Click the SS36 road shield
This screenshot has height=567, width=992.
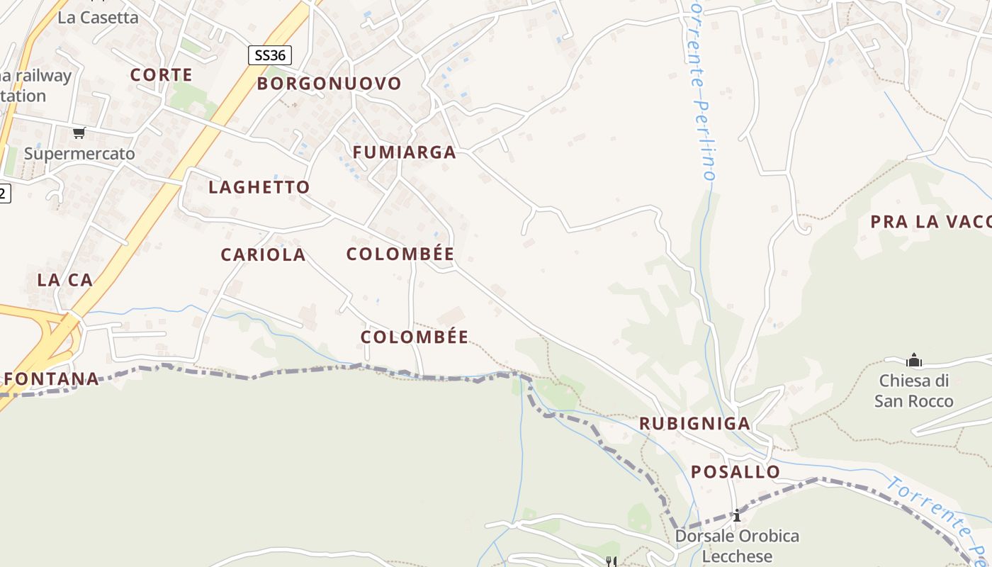(269, 55)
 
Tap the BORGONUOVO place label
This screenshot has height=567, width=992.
(329, 84)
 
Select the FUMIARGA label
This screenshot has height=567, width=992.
(404, 152)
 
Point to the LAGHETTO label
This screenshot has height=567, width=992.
(259, 187)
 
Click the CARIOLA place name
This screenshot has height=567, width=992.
(263, 254)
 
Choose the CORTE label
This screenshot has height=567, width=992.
(161, 74)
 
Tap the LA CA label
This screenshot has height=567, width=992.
(64, 280)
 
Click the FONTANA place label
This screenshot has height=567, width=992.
(52, 378)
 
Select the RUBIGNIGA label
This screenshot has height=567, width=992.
(694, 423)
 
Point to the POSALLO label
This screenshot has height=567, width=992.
(735, 471)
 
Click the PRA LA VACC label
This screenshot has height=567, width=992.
(930, 222)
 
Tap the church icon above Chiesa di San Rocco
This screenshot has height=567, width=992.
(913, 360)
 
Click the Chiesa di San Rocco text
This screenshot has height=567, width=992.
(913, 391)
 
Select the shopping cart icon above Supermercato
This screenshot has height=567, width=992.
(79, 133)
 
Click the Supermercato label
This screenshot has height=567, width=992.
(79, 153)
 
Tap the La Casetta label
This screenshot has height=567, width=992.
(98, 18)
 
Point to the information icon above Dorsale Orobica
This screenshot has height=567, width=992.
(737, 515)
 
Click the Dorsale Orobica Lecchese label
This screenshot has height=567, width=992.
(737, 546)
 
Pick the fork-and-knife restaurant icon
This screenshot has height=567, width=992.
(610, 561)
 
